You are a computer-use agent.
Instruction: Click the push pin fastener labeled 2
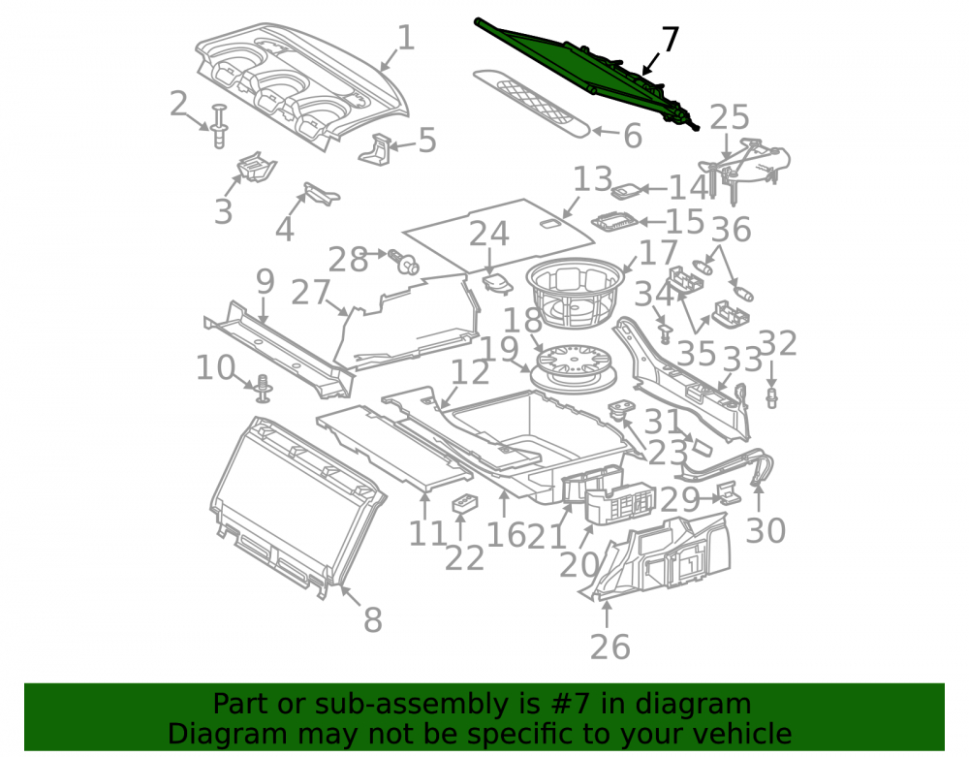pos(219,127)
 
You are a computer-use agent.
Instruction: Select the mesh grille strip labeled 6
pos(531,103)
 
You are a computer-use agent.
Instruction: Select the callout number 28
pos(348,259)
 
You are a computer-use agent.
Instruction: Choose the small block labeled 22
pos(466,504)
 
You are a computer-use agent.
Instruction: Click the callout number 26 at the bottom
pos(610,647)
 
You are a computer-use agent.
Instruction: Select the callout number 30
pos(766,530)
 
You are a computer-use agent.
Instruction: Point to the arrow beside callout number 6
pos(607,132)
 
